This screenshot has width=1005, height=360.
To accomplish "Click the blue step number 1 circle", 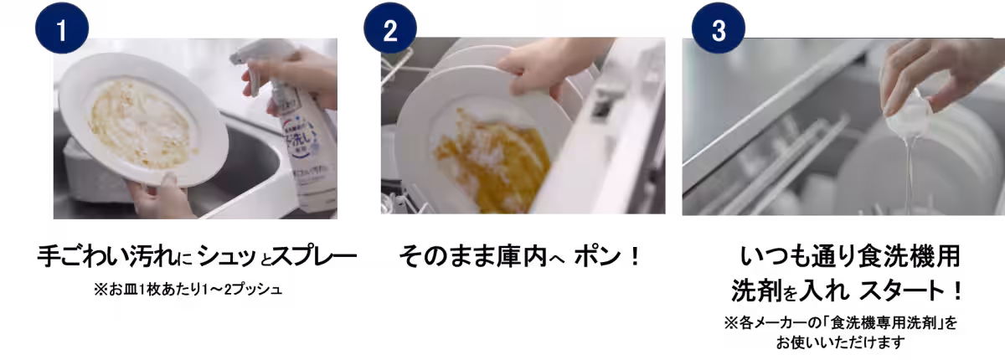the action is tap(62, 28).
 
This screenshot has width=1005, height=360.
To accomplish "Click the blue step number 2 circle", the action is tap(390, 28).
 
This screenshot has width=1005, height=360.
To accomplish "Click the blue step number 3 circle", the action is tap(719, 28).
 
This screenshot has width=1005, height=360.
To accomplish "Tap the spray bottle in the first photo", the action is tap(294, 130).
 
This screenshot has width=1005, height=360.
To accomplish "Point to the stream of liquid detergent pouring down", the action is tap(910, 175).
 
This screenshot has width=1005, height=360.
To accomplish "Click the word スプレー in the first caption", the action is tap(315, 256).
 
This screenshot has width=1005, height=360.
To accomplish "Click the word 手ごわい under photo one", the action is tap(84, 256).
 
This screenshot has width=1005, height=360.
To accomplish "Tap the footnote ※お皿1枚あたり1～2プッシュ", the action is tap(188, 289).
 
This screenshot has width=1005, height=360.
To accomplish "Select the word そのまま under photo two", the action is tap(447, 256).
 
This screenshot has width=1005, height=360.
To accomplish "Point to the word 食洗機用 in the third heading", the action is tap(909, 256).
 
